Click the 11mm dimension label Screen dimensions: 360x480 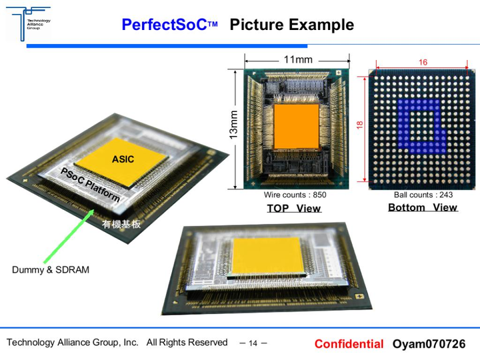(x=297, y=59)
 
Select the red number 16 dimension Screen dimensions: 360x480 (x=423, y=62)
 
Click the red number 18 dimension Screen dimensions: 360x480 (x=359, y=125)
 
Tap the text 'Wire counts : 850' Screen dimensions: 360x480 (x=295, y=195)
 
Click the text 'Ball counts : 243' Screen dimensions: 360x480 (x=423, y=195)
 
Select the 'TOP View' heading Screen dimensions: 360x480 (x=294, y=208)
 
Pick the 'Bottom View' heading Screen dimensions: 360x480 (x=423, y=207)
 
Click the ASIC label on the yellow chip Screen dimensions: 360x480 (x=123, y=159)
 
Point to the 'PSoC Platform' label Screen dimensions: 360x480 (x=90, y=185)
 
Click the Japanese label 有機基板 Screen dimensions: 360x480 (x=121, y=225)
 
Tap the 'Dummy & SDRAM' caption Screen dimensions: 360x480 (x=50, y=270)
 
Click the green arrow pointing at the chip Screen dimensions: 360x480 (x=67, y=235)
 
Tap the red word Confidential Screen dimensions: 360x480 (x=349, y=344)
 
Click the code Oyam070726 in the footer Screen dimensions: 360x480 (x=429, y=344)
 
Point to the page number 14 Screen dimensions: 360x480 (x=253, y=344)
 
